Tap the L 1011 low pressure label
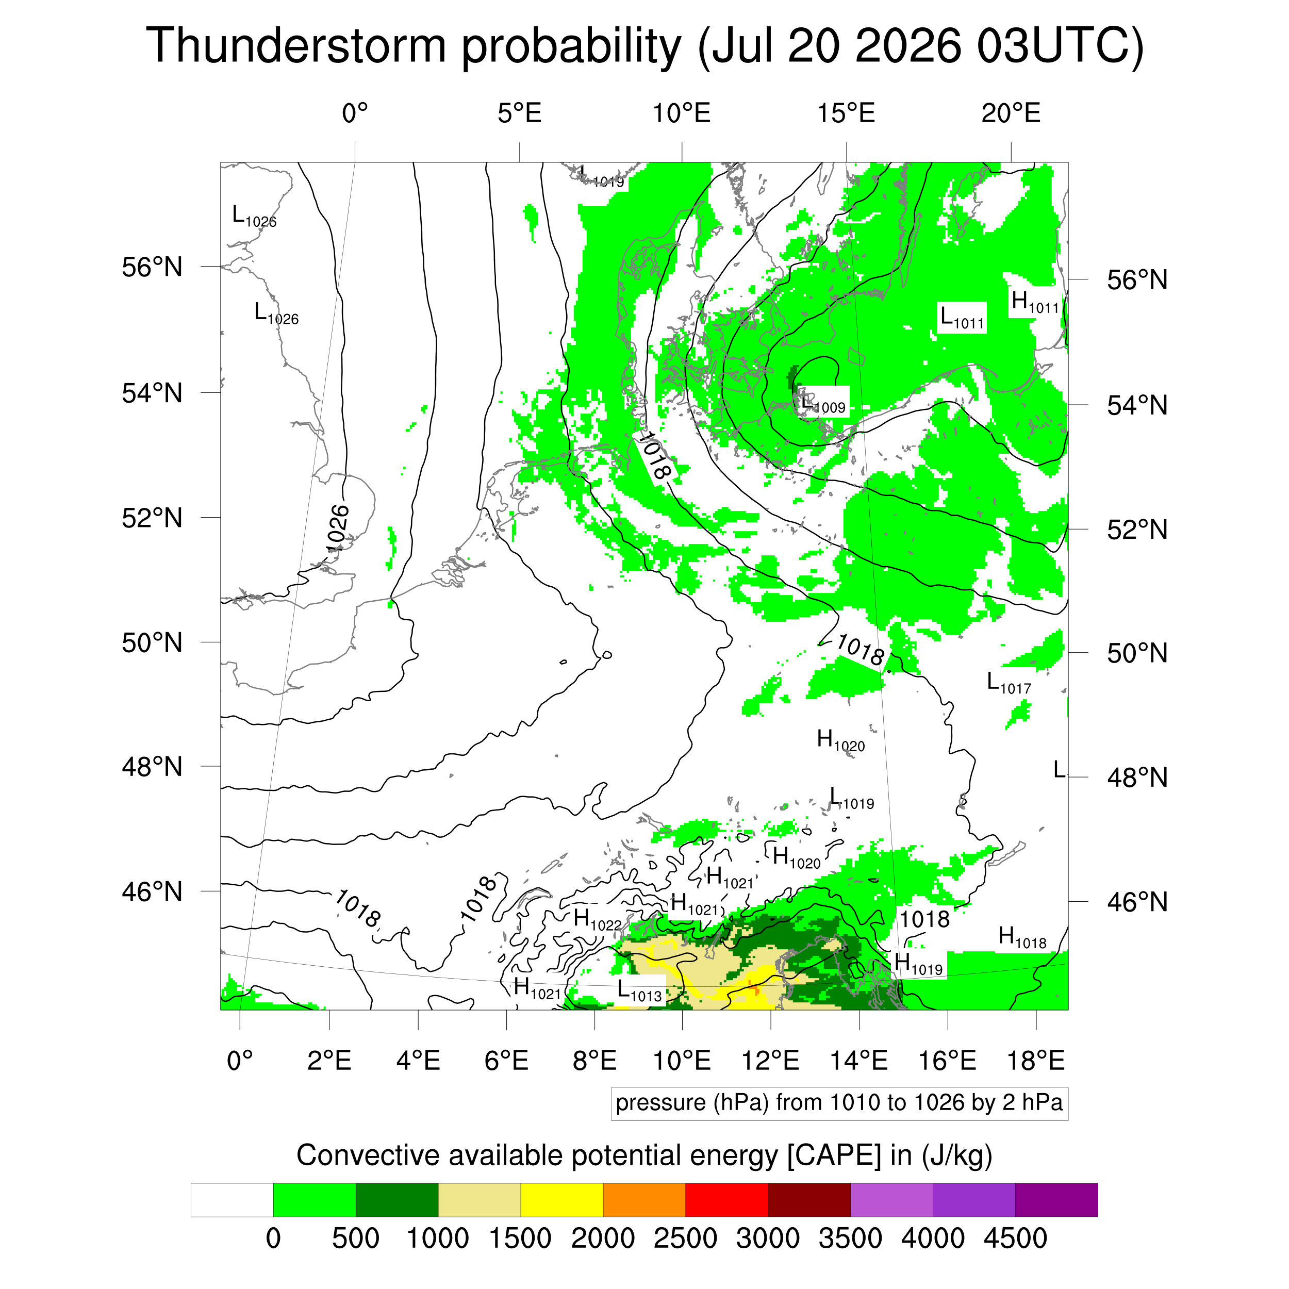pyautogui.click(x=962, y=318)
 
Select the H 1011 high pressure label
pyautogui.click(x=1035, y=302)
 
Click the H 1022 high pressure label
pyautogui.click(x=597, y=919)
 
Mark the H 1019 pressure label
pyautogui.click(x=919, y=964)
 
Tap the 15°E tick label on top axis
pyautogui.click(x=846, y=113)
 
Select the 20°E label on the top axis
pyautogui.click(x=1011, y=113)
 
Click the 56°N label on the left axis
pyautogui.click(x=152, y=267)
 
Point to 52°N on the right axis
pyautogui.click(x=1137, y=530)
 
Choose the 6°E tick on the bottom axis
pyautogui.click(x=506, y=1060)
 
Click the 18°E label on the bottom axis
pyautogui.click(x=1035, y=1060)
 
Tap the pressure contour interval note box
pyautogui.click(x=839, y=1103)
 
